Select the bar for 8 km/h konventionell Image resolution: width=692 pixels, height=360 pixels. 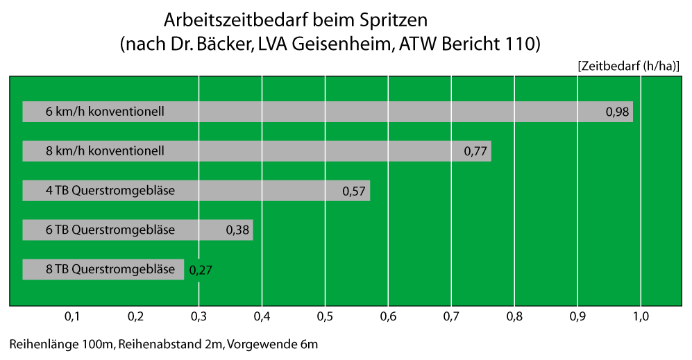click(x=312, y=151)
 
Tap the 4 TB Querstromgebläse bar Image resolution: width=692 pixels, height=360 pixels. click(x=264, y=191)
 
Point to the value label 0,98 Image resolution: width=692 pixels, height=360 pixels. click(x=617, y=112)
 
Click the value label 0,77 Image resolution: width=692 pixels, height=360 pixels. click(x=475, y=151)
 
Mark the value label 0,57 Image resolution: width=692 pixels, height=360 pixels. click(x=354, y=191)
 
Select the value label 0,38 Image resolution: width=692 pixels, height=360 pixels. click(x=237, y=230)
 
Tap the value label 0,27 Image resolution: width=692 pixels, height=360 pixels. click(x=200, y=270)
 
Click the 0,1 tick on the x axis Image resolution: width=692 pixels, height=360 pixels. click(x=72, y=316)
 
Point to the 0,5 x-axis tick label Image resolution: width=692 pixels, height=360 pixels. click(x=325, y=316)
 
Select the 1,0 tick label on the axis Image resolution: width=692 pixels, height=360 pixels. click(x=641, y=316)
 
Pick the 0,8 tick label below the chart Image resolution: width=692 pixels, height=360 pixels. click(x=514, y=316)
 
